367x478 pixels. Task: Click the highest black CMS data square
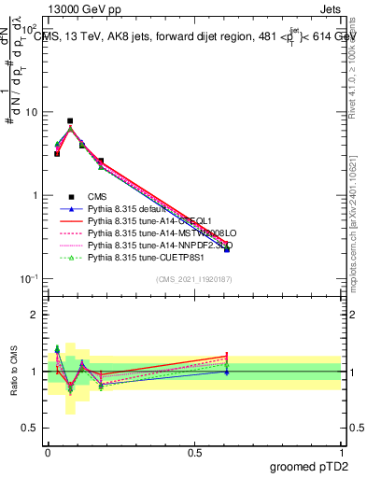click(x=70, y=120)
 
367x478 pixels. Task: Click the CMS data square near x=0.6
click(x=227, y=249)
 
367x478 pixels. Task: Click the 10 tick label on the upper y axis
click(x=32, y=112)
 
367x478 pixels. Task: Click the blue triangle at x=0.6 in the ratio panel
click(x=227, y=372)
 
